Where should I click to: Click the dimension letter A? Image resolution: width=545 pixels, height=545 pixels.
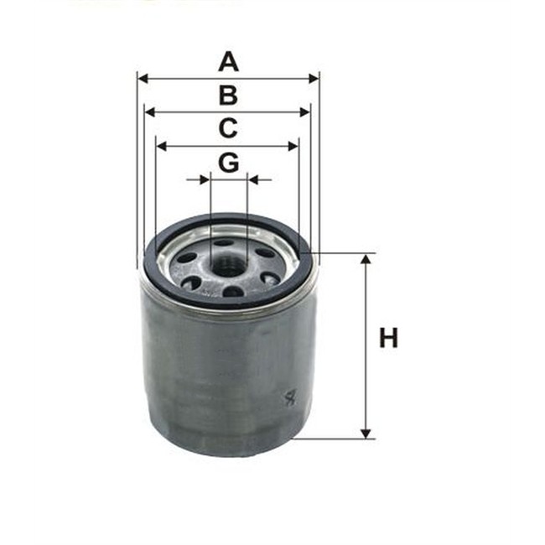(228, 61)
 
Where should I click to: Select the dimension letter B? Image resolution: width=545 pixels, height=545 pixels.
(228, 95)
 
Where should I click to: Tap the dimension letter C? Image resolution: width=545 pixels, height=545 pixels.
(228, 128)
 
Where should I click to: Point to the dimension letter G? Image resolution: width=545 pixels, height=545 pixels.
(228, 162)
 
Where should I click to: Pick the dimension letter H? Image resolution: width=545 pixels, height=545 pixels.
(388, 339)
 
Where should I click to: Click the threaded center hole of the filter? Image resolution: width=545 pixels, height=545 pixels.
(228, 266)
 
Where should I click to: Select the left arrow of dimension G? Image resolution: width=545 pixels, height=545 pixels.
(203, 179)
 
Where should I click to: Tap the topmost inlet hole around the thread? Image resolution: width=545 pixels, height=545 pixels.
(223, 242)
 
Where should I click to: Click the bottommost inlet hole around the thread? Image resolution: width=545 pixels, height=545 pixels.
(232, 292)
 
